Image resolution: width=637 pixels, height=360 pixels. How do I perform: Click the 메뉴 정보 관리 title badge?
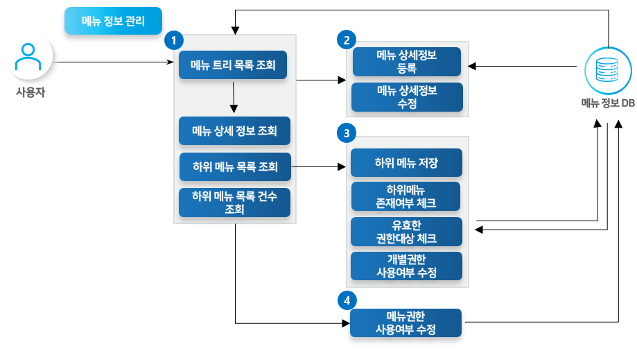(112, 22)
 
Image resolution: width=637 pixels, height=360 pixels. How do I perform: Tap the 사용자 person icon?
(29, 59)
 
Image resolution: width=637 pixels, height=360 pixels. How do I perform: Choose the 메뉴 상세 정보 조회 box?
(234, 130)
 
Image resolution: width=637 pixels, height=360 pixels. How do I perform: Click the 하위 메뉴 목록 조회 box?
(234, 166)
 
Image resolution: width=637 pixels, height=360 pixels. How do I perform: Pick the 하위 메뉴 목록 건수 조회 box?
(234, 203)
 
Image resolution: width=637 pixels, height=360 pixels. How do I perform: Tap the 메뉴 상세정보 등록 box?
(407, 62)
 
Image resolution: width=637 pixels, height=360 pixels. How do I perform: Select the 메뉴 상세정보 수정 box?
(407, 97)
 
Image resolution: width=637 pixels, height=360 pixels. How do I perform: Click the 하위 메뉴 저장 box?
(406, 163)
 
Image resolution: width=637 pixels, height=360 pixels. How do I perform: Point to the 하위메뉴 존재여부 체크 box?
(406, 196)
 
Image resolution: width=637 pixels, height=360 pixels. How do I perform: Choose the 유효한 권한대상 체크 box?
(406, 232)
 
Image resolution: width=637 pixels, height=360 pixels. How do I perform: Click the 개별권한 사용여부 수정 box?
(406, 266)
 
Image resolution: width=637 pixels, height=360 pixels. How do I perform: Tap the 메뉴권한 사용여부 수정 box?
(406, 323)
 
